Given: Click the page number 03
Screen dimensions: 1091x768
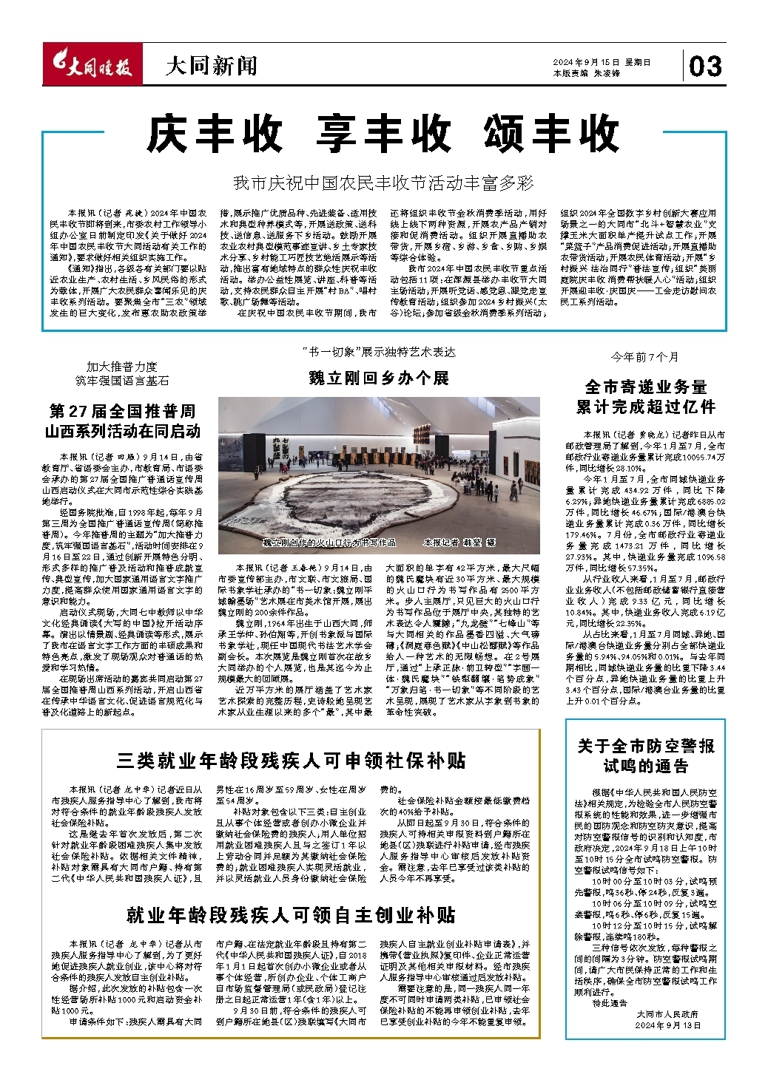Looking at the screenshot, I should point(705,67).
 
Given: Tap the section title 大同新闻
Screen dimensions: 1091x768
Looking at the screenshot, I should point(211,67).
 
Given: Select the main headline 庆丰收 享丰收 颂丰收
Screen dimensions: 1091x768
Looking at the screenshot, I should point(383,135).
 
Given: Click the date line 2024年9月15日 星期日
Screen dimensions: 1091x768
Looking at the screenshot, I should point(601,62).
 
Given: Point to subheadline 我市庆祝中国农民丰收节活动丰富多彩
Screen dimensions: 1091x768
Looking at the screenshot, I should point(383,183).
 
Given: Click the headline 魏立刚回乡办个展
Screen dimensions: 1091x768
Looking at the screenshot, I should point(379,378).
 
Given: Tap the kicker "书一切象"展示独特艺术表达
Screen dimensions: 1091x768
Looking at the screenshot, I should point(379,352).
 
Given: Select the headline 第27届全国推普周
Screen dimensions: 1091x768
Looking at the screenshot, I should point(122,411).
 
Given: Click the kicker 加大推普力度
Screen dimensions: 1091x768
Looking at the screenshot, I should point(122,366).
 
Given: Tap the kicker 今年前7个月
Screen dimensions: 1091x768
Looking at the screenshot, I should point(644,357).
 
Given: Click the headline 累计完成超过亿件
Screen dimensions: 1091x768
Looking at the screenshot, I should point(645,407).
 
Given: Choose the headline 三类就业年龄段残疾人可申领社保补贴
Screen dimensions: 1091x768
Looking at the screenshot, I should point(292,760).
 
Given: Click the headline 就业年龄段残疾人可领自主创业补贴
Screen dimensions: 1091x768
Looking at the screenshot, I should point(292,915).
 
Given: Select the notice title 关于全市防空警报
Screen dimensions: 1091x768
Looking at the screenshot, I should point(645,746).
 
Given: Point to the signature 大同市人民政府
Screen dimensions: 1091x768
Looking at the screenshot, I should point(667,1014).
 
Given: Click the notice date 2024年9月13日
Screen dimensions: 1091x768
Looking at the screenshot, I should point(668,1026).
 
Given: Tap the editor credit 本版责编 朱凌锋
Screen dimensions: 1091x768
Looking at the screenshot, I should point(586,73).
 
